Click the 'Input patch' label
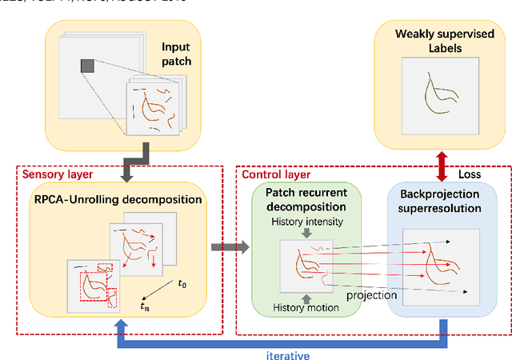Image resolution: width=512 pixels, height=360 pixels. click(x=175, y=54)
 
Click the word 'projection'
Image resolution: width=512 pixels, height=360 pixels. click(x=372, y=294)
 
